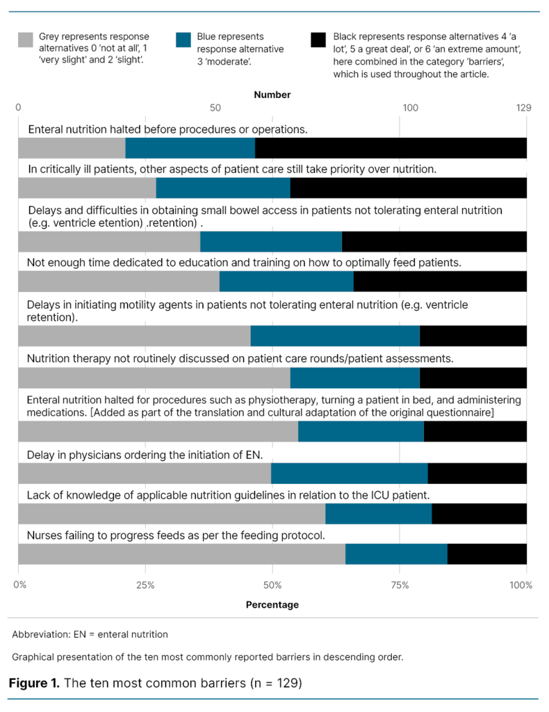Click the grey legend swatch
tap(24, 40)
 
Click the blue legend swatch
tap(183, 40)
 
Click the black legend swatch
tap(319, 40)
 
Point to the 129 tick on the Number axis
tap(523, 108)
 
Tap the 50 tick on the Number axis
tap(215, 108)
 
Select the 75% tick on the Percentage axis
tap(400, 585)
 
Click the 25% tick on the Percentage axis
tap(145, 585)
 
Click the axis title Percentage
tap(272, 605)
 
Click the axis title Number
tap(272, 95)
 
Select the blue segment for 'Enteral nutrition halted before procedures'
tap(190, 148)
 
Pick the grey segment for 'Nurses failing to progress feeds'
tap(181, 554)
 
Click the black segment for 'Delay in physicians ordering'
tap(477, 474)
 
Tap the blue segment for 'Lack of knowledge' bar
tap(378, 514)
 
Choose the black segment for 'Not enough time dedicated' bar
tap(440, 282)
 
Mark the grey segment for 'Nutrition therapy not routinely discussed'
tap(154, 378)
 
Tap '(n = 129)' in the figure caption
tap(275, 683)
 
